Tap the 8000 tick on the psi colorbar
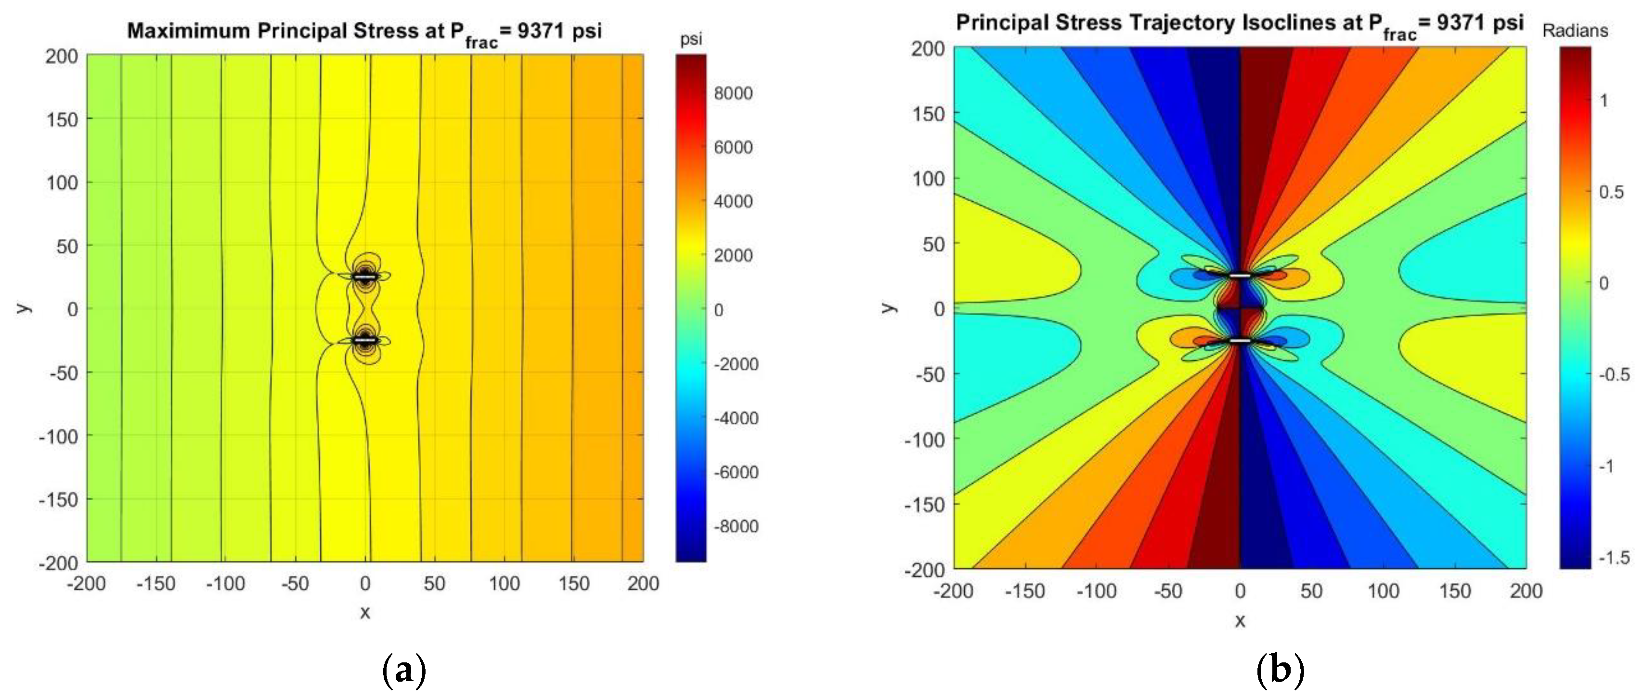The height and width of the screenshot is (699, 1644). click(x=733, y=93)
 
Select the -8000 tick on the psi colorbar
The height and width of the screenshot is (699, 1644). click(x=735, y=527)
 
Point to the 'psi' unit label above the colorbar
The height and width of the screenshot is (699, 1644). click(x=690, y=40)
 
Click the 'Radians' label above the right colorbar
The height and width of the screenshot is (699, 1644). click(x=1574, y=31)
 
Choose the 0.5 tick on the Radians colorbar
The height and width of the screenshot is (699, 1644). click(x=1611, y=192)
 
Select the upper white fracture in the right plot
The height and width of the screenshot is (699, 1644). click(x=1240, y=276)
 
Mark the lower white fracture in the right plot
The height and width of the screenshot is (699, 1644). click(x=1240, y=341)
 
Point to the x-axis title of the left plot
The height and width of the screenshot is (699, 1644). click(x=365, y=613)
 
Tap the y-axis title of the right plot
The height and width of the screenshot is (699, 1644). click(x=888, y=308)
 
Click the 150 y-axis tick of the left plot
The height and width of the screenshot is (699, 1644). click(x=62, y=119)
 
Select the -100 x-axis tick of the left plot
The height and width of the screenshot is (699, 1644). click(x=225, y=583)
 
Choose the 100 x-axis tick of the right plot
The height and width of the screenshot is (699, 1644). click(x=1383, y=591)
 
